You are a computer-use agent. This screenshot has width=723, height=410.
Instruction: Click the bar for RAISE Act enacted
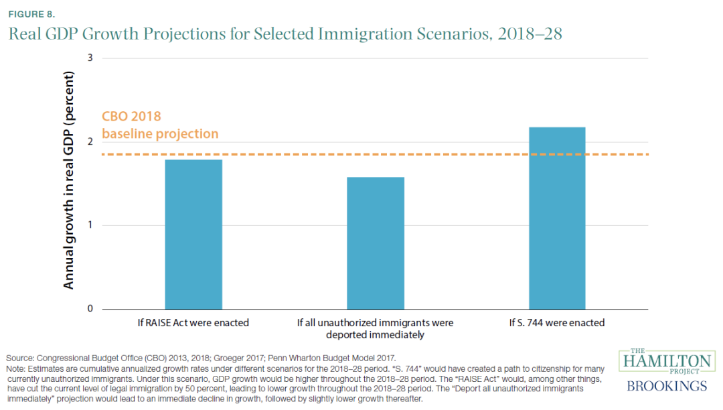click(193, 234)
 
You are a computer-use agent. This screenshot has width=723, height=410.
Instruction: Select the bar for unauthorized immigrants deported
click(375, 243)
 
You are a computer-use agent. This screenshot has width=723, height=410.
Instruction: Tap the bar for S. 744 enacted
click(557, 218)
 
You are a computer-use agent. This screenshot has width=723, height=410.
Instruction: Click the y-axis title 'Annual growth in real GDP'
click(68, 180)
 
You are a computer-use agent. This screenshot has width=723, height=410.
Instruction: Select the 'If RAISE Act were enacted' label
click(193, 323)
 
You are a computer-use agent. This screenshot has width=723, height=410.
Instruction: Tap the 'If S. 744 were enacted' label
click(557, 323)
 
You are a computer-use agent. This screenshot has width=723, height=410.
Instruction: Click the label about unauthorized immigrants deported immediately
click(375, 328)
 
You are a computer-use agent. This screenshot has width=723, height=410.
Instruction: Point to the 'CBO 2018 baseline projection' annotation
click(160, 125)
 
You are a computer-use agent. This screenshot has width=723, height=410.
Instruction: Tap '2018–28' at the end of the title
click(539, 34)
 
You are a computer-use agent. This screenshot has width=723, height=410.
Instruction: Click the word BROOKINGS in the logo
click(667, 386)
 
